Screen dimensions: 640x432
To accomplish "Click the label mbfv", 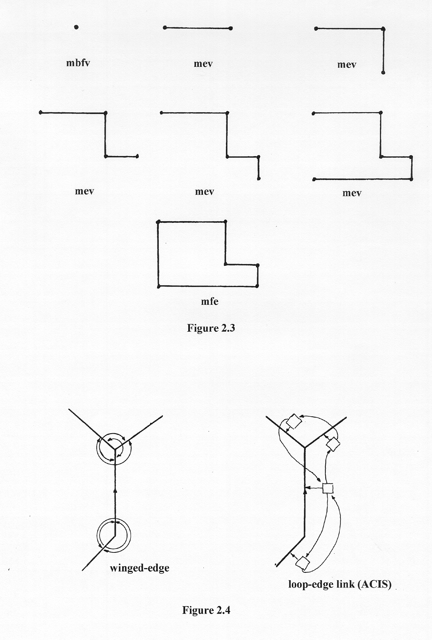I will coord(78,63).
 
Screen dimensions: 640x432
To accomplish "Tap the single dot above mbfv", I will coord(76,27).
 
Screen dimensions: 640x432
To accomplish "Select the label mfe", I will coord(209,301).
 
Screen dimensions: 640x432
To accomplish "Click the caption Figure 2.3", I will coord(211,328).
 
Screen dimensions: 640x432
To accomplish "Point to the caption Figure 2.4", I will coord(206,610).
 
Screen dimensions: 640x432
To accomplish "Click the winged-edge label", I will coord(139,568).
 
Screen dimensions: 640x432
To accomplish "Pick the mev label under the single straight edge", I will coord(203,64).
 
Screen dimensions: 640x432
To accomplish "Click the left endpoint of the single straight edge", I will coord(165,28).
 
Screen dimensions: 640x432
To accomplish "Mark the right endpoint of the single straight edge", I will coord(231,29).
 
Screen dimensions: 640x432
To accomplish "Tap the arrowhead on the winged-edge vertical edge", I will coord(115,490).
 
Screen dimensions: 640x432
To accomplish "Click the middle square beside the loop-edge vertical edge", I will coord(328,488).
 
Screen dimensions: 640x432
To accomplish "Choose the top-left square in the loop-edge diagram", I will coord(293,421).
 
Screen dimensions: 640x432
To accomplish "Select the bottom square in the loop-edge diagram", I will coord(303,564).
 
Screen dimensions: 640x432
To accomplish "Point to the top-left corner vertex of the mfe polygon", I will coord(158,222).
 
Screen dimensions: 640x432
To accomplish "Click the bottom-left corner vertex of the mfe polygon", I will coord(159,286).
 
